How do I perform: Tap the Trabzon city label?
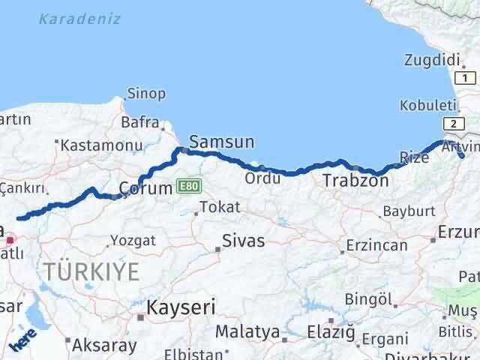(355, 181)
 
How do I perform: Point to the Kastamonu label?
(102, 145)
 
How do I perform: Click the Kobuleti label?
(427, 106)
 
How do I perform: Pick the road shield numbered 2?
(453, 123)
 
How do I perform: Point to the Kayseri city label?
(181, 307)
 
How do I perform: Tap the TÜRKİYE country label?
(91, 271)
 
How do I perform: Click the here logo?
(22, 342)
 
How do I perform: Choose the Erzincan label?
(377, 244)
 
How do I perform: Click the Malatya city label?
(247, 331)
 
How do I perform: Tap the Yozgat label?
(133, 241)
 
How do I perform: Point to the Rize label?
(415, 157)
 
